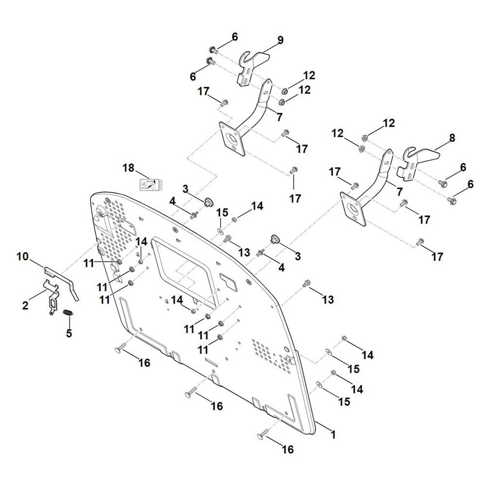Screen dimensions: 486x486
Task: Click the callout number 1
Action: coord(333,434)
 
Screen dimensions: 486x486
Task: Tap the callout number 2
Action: coord(25,305)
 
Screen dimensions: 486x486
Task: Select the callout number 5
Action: coord(69,333)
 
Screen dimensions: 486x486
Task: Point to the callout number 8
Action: coord(452,138)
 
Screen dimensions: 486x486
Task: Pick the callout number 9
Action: coord(280,40)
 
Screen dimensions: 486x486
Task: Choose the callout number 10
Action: coord(22,257)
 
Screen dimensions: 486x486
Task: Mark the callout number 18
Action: coord(128,168)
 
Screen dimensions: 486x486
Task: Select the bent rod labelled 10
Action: coord(62,282)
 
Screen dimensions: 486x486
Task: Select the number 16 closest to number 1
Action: coord(287,449)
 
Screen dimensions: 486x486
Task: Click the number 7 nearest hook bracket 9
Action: coord(279,117)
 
